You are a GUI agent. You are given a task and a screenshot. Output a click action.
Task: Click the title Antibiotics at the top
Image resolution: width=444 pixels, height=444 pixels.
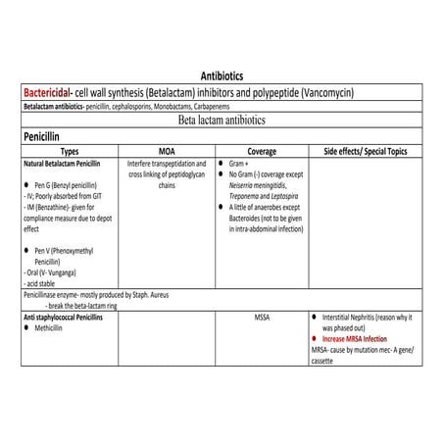(222, 74)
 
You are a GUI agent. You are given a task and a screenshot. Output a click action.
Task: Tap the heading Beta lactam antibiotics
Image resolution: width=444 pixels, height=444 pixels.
(222, 120)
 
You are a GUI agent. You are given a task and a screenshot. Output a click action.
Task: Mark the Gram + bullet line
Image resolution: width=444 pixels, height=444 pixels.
(241, 163)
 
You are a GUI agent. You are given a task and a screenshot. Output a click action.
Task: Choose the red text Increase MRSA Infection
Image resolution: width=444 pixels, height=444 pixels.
(363, 340)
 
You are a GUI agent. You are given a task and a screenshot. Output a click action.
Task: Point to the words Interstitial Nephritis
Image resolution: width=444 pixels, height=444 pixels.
(349, 319)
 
